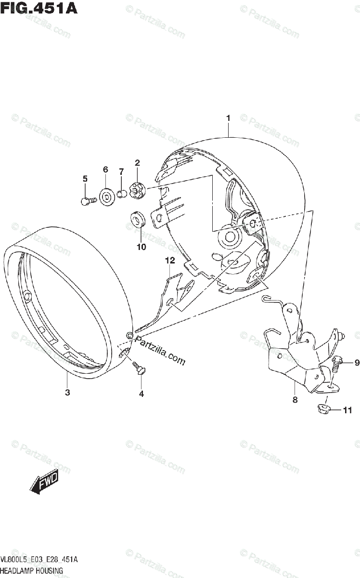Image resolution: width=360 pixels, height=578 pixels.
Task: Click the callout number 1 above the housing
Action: coord(228,118)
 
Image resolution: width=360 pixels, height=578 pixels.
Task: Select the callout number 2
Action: coord(137,163)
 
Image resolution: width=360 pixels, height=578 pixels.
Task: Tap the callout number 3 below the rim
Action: coord(67,393)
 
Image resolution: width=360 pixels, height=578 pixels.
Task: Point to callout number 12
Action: coord(169,261)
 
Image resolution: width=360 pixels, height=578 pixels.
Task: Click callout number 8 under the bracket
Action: coord(295,399)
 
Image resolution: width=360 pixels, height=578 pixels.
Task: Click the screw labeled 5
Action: coord(86,200)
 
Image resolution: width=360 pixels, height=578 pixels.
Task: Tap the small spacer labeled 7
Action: coord(122,194)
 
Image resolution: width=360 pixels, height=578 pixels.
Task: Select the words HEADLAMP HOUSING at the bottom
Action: coord(32,571)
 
